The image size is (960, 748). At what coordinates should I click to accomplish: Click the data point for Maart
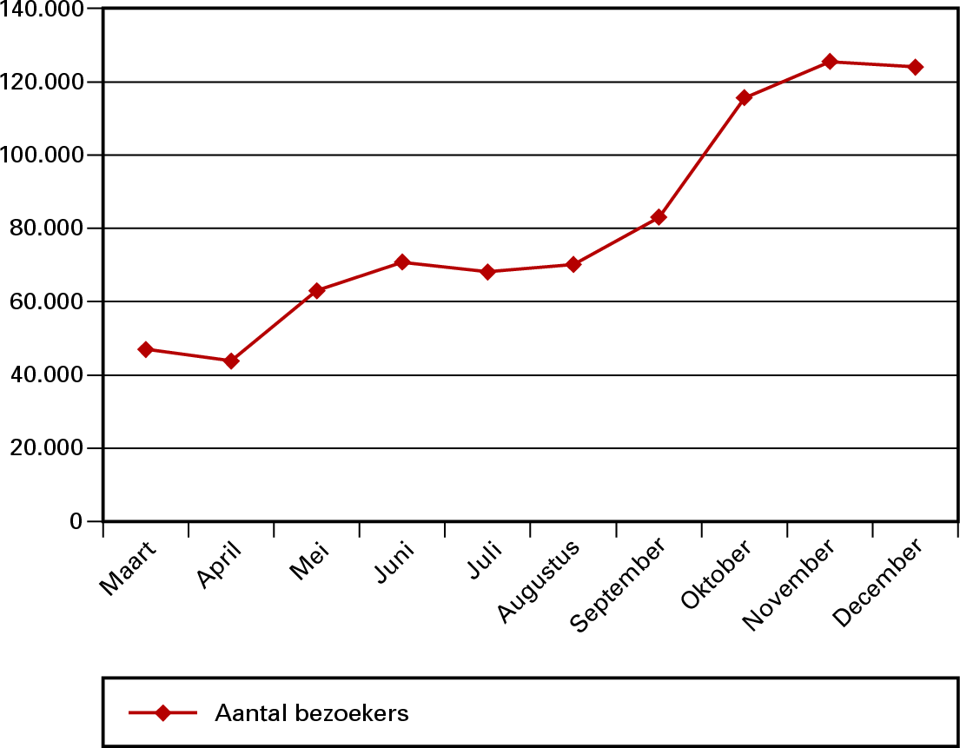(146, 349)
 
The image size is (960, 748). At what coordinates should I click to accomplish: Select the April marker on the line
(231, 361)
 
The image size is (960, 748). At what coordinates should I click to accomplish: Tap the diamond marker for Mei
(317, 290)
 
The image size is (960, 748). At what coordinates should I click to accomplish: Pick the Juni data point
(402, 261)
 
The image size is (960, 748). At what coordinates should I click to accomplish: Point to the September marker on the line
(659, 216)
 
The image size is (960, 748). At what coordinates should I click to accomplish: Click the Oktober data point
(744, 97)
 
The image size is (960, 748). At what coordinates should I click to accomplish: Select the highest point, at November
(830, 61)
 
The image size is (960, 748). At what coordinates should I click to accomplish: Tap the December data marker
(915, 67)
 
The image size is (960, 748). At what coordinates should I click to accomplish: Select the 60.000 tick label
(51, 301)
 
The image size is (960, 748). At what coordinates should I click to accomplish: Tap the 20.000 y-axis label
(51, 448)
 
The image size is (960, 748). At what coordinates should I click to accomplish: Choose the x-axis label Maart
(129, 568)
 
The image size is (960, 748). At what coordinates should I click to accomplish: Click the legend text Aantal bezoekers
(311, 713)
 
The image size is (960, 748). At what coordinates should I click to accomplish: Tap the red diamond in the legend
(162, 713)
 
